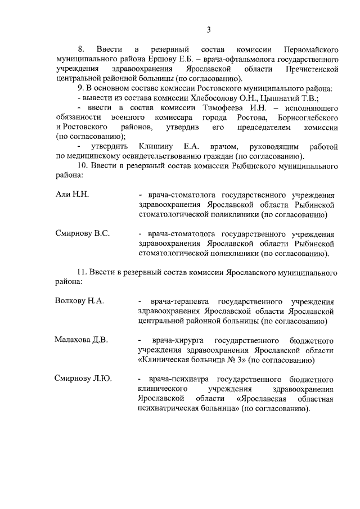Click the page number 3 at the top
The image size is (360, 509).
pyautogui.click(x=208, y=30)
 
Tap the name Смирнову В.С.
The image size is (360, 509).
pyautogui.click(x=82, y=233)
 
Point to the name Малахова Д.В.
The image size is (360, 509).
pyautogui.click(x=81, y=340)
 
